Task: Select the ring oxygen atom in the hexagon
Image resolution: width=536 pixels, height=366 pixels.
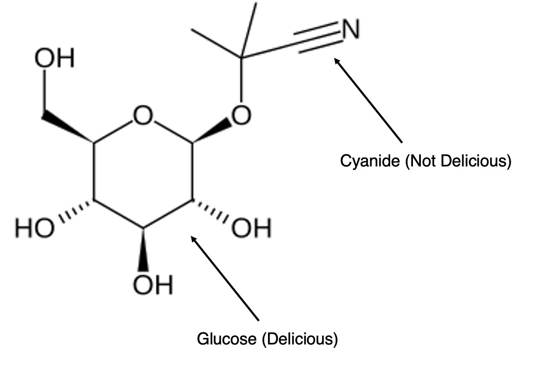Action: tap(143, 116)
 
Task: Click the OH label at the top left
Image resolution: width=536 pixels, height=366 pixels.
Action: tap(54, 58)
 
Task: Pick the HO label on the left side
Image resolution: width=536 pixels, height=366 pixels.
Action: tap(34, 228)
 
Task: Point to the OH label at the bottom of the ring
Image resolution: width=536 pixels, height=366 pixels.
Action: tap(153, 285)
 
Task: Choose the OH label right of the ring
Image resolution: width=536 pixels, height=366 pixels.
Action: tap(251, 228)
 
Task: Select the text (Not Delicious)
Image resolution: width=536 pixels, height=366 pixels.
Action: tap(458, 161)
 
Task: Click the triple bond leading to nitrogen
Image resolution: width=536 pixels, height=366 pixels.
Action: tap(318, 37)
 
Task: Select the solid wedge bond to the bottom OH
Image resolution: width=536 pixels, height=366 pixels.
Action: tap(143, 249)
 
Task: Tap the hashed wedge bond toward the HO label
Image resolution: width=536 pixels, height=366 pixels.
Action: tap(75, 210)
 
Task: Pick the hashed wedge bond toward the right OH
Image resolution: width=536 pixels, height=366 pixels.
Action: tap(211, 210)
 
